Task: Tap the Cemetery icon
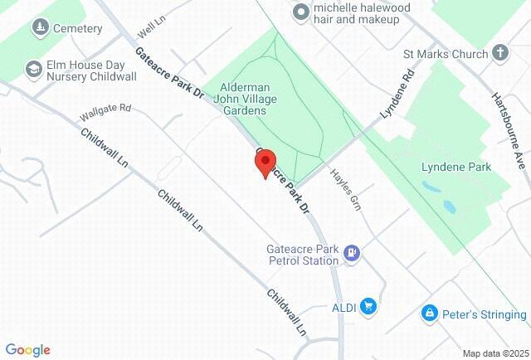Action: tap(38, 28)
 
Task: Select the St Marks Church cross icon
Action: tap(499, 55)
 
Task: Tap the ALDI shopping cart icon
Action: tap(369, 308)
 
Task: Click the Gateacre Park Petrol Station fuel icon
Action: tap(352, 252)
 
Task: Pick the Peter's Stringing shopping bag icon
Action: tap(429, 314)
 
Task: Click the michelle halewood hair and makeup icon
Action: tap(300, 12)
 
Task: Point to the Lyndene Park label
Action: tap(456, 167)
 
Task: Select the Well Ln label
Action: tap(147, 32)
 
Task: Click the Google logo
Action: tap(27, 350)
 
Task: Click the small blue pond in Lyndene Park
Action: tap(449, 206)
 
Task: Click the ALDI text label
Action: tap(343, 308)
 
